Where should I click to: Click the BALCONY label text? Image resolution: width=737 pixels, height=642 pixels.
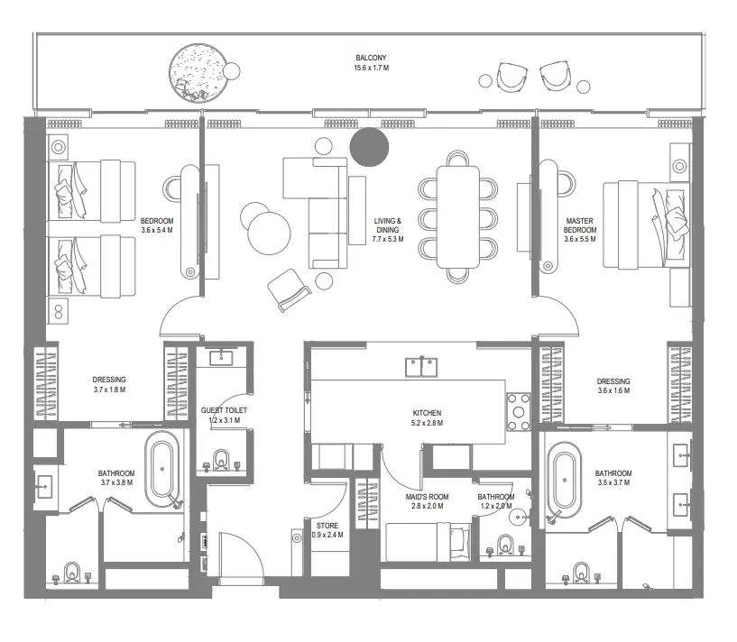click(x=372, y=59)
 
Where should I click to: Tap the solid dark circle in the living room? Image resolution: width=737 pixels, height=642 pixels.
click(x=369, y=147)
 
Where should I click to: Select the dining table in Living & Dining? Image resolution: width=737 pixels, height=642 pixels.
click(x=459, y=217)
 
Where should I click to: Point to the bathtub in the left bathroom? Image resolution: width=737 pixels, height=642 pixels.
click(x=164, y=470)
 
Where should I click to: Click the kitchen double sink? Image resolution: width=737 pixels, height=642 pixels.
click(x=421, y=366)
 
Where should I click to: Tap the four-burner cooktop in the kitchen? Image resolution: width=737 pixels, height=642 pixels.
click(x=519, y=411)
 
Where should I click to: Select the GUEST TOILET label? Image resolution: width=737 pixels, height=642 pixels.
click(x=224, y=410)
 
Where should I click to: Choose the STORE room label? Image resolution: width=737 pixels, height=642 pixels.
click(x=327, y=525)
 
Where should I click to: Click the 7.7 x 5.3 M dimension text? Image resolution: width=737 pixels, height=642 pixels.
click(x=389, y=240)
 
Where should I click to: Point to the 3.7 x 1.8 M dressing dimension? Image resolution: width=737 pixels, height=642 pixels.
click(x=109, y=390)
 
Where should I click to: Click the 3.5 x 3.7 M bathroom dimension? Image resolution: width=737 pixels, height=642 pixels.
click(x=613, y=483)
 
